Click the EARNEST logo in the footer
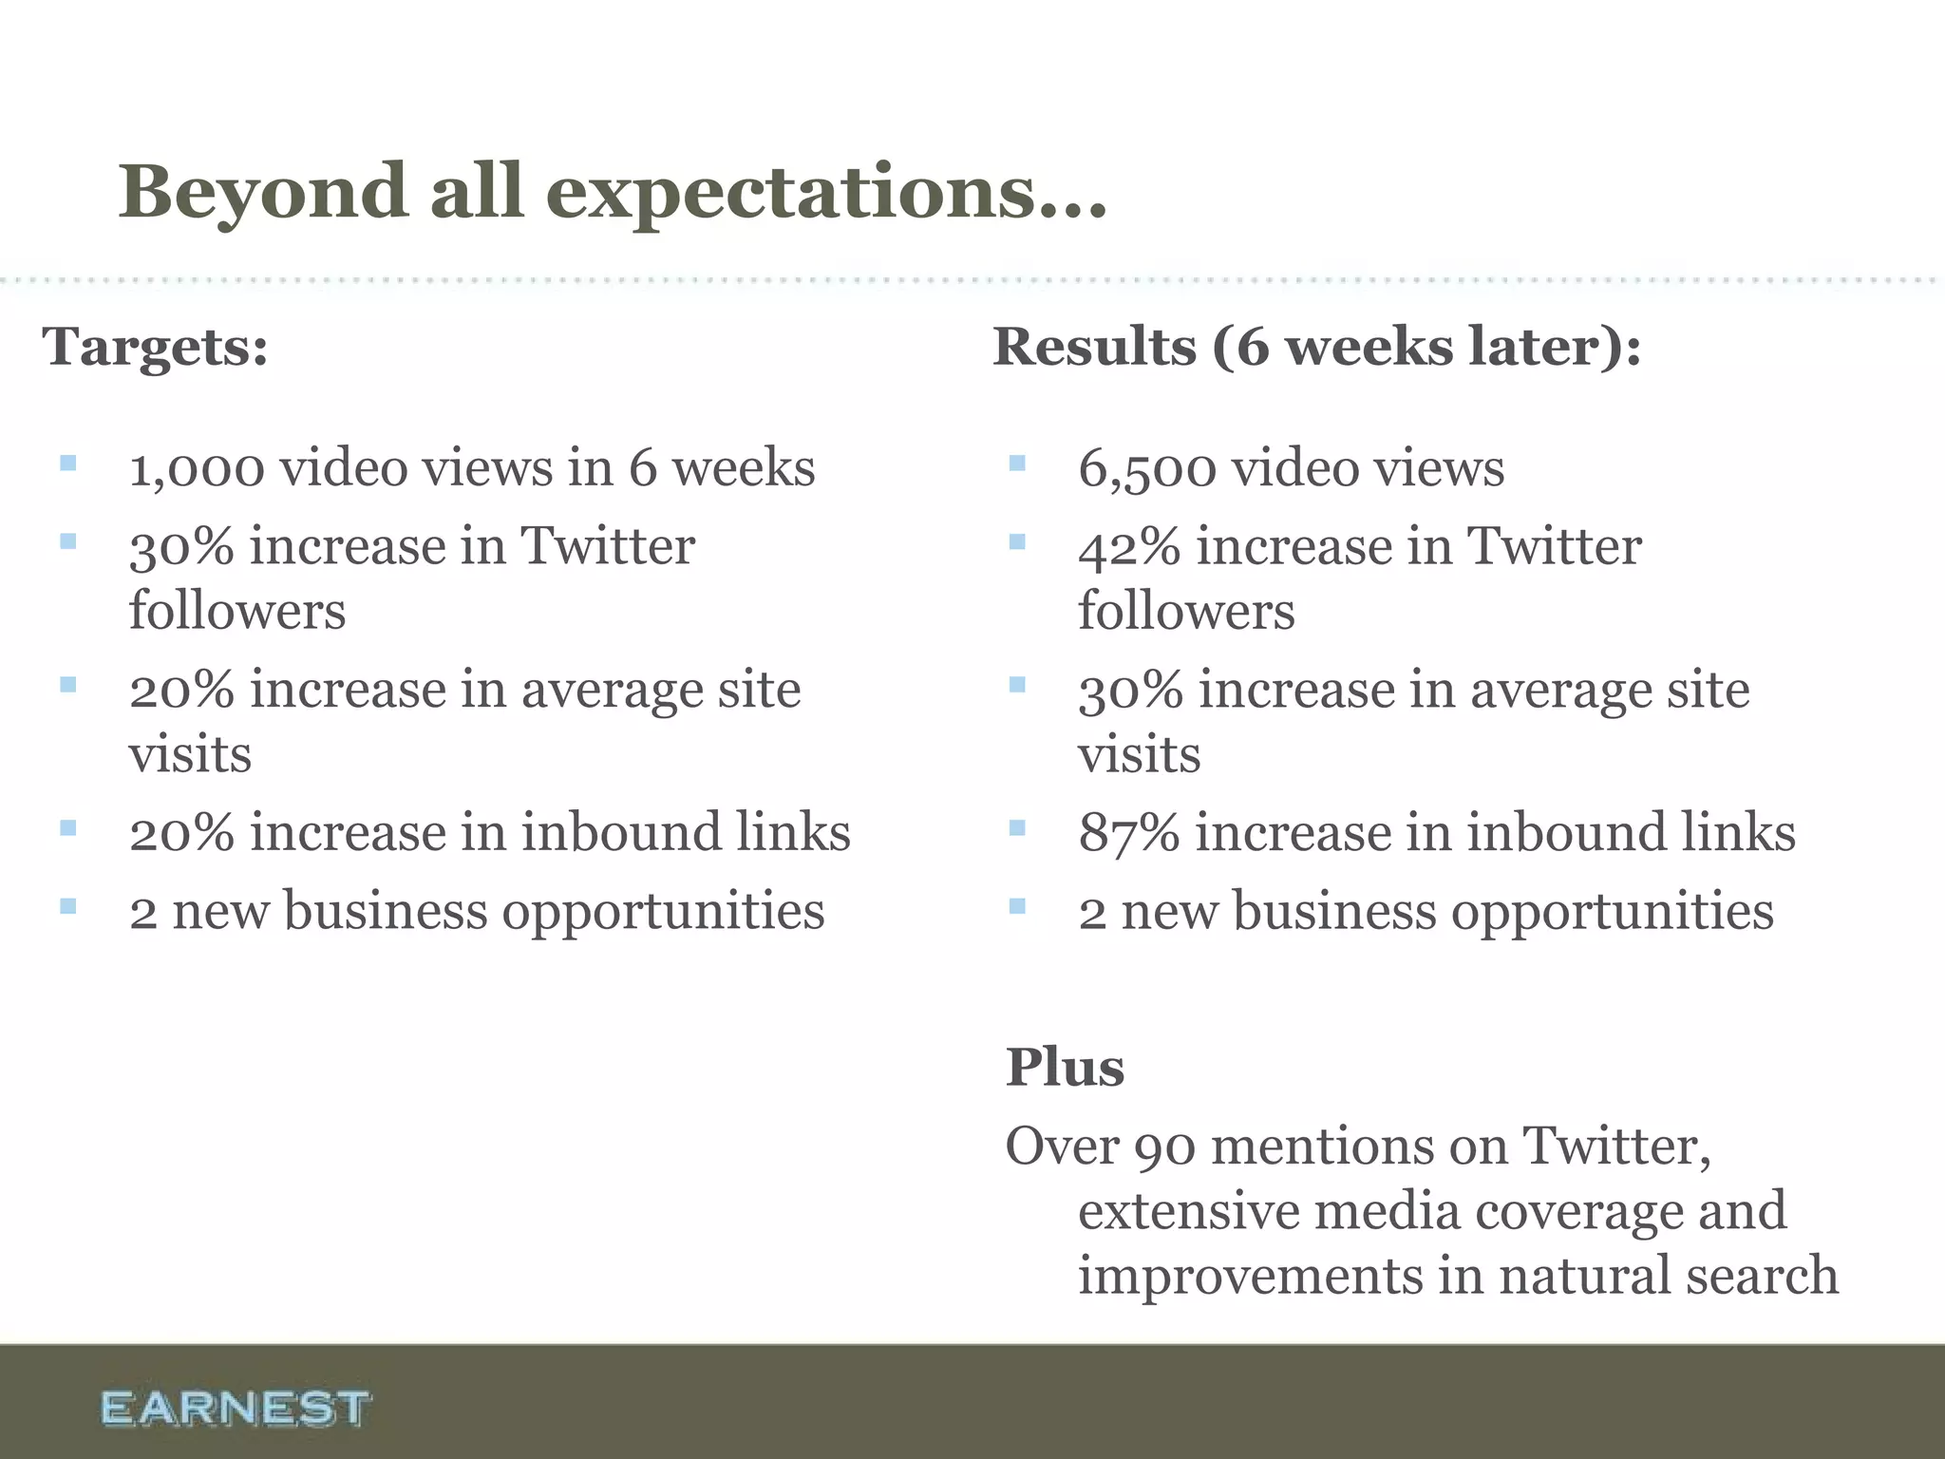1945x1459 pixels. (x=235, y=1408)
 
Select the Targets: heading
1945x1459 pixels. (x=155, y=347)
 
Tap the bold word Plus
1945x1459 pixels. (x=1065, y=1067)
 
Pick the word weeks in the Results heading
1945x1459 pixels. (x=1369, y=347)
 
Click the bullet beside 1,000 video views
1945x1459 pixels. (x=67, y=464)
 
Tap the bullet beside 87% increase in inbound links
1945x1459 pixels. (x=1017, y=827)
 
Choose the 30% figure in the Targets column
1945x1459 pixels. (x=180, y=547)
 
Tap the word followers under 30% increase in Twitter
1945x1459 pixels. (x=237, y=611)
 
